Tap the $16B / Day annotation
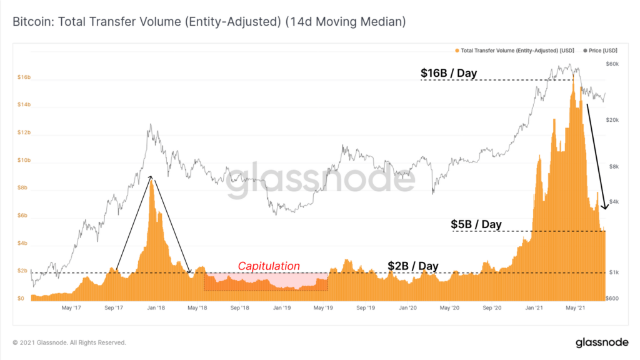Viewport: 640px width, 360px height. (x=448, y=73)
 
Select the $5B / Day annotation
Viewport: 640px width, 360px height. (x=476, y=224)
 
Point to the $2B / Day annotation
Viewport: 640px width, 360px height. (x=412, y=266)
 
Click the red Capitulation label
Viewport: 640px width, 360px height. (x=269, y=266)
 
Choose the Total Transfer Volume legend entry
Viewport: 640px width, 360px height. (x=516, y=50)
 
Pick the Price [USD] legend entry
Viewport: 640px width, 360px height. (x=600, y=50)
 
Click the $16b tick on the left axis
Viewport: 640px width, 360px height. (x=24, y=78)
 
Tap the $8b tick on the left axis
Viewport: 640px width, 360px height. (x=23, y=188)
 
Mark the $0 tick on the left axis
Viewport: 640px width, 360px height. (x=21, y=299)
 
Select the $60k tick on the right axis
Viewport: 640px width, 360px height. (x=612, y=64)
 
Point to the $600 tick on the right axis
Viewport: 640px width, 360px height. (x=612, y=298)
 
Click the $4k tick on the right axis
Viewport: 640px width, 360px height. (x=612, y=201)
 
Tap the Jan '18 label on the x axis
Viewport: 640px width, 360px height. (x=156, y=308)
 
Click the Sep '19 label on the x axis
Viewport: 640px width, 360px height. (x=366, y=308)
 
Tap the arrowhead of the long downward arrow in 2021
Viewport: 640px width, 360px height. (x=604, y=207)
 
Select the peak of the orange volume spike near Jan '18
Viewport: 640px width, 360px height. (x=151, y=180)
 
